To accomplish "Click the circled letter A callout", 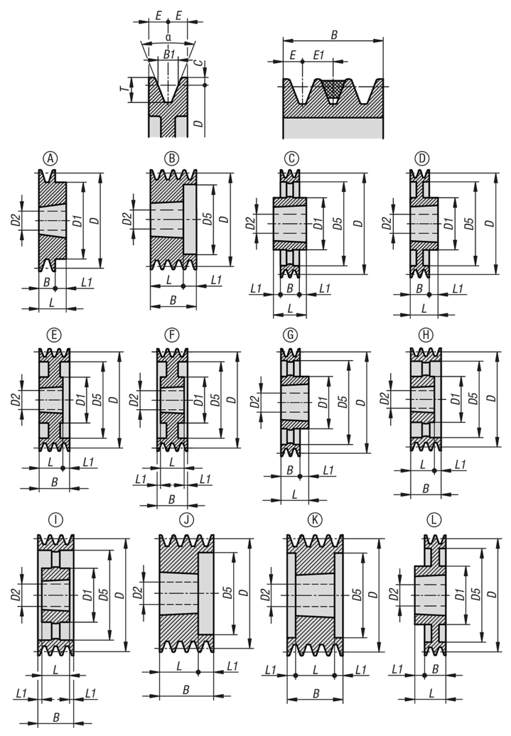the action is [x=50, y=159].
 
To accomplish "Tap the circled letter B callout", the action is [x=172, y=159].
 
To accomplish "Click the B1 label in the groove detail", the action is [x=169, y=54].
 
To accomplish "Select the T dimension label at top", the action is [x=123, y=90].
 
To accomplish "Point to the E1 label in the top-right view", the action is [x=319, y=55].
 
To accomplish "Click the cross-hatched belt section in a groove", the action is [x=333, y=88].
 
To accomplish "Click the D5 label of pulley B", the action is [x=208, y=220].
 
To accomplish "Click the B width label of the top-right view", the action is [x=334, y=35].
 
